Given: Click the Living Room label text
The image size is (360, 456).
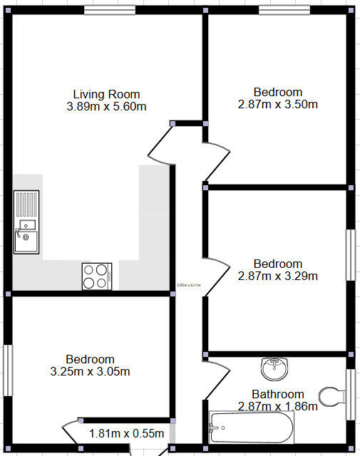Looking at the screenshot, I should point(107,94).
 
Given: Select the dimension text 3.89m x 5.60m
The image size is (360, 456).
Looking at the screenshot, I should point(107,107).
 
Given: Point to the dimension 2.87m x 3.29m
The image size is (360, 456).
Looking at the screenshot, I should point(278,276).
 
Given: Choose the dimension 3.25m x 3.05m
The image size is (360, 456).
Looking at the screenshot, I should point(90,371).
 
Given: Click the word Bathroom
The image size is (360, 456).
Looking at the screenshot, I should point(278,394).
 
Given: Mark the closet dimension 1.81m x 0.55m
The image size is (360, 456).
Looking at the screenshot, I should point(127,433).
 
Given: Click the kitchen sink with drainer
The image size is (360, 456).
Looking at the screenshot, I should point(25,221).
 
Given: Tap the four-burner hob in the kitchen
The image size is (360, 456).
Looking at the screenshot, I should point(97,276).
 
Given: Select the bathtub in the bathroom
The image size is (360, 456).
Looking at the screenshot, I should point(251,428).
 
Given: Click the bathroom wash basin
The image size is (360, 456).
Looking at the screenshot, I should point(274,368).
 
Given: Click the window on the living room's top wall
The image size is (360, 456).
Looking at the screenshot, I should point(109,10).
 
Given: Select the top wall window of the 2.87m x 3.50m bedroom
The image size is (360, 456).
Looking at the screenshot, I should point(284,10).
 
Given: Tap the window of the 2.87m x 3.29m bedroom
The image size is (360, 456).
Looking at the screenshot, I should point(350,254).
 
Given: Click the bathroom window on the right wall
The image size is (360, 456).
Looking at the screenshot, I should point(350,394).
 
